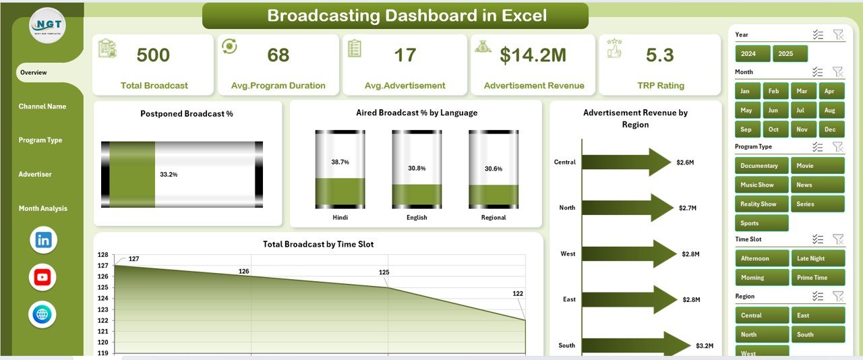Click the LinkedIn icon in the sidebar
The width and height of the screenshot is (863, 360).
click(x=44, y=239)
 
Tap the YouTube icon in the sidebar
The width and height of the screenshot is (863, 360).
click(x=43, y=277)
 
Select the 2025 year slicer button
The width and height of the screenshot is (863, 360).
click(x=790, y=54)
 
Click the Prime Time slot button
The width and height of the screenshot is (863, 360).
click(x=817, y=277)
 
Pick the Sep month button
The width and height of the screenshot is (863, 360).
click(x=746, y=129)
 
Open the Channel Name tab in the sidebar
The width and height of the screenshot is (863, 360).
click(x=42, y=107)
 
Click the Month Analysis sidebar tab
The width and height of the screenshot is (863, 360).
click(x=43, y=208)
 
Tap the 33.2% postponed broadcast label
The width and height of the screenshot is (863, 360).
click(x=169, y=174)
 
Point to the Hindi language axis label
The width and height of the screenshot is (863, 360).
click(x=340, y=218)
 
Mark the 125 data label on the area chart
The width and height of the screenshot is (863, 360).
click(x=384, y=272)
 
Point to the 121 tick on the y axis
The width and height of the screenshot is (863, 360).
click(x=102, y=331)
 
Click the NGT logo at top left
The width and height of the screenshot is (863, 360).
click(x=48, y=26)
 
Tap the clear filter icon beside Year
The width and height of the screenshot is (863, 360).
click(x=838, y=35)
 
